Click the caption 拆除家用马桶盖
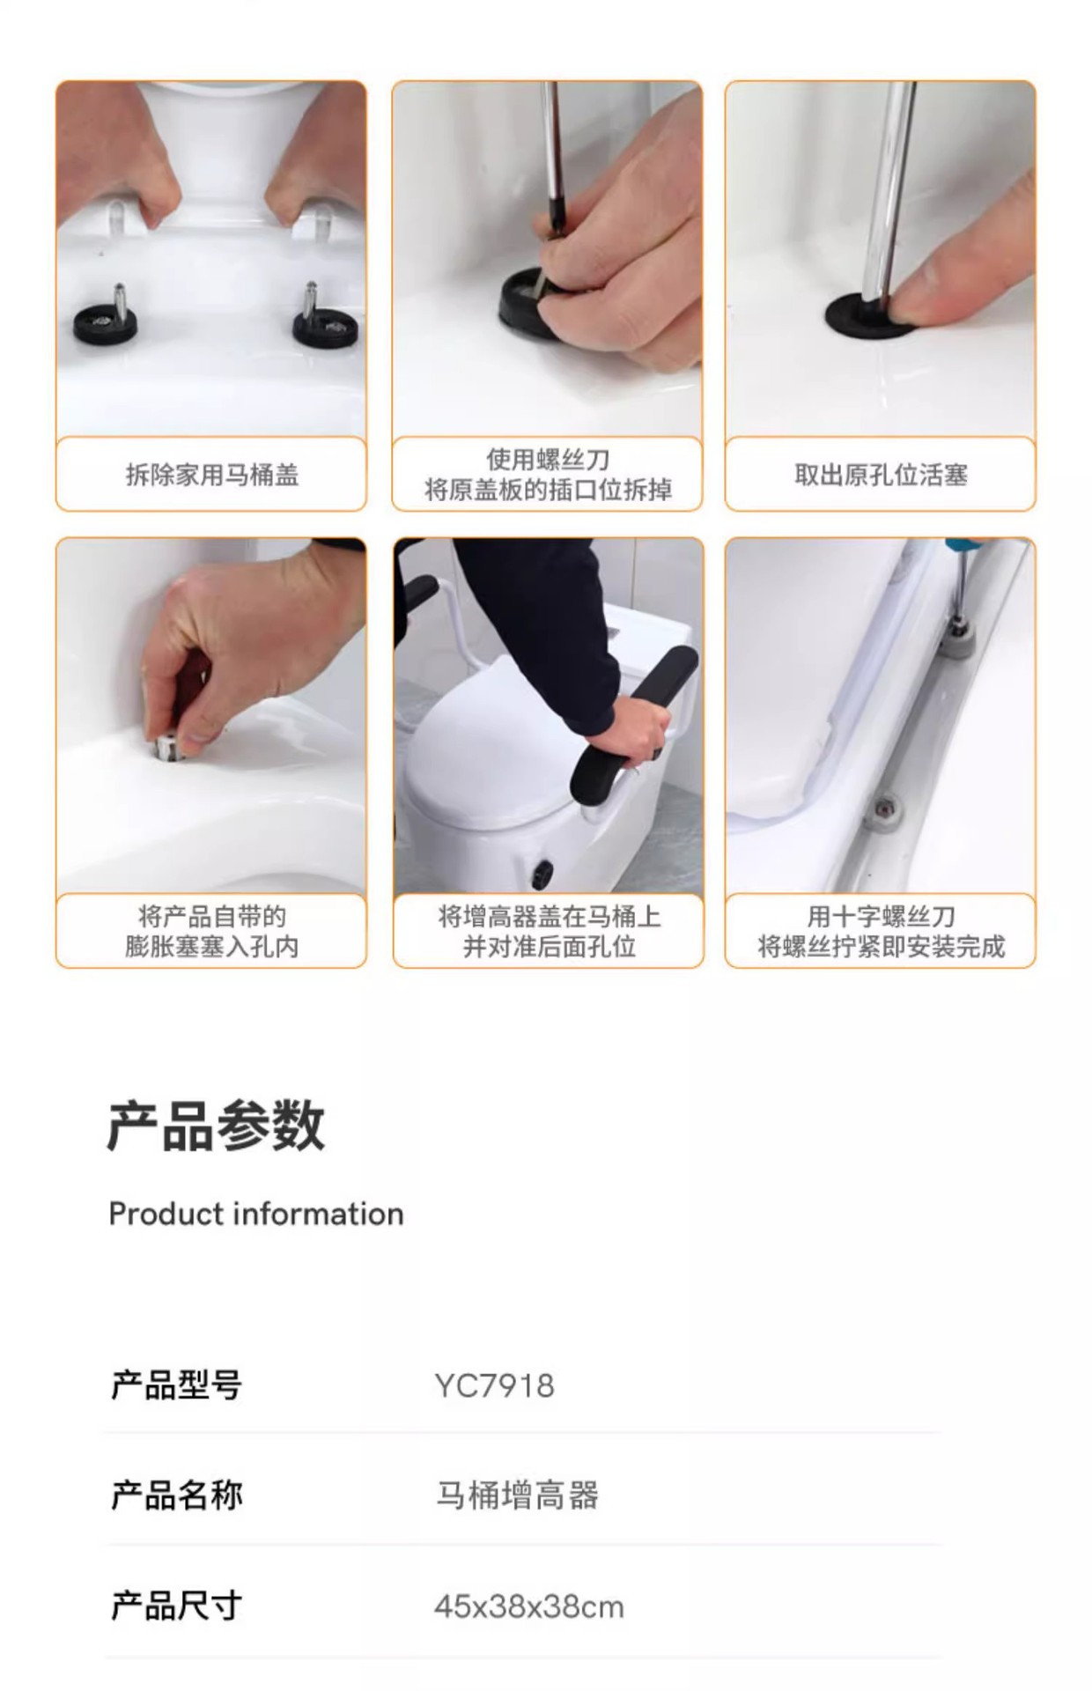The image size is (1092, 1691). tap(211, 476)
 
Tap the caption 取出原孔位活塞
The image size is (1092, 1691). tap(881, 476)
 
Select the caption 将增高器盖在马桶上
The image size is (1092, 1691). tap(549, 917)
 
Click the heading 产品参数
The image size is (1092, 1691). tap(216, 1126)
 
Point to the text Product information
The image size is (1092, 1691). tap(256, 1214)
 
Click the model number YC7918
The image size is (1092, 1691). tap(494, 1385)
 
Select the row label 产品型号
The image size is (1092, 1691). tap(176, 1385)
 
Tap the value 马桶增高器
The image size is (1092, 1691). tap(517, 1495)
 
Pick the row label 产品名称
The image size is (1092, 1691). tap(176, 1495)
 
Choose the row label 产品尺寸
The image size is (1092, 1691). tap(176, 1606)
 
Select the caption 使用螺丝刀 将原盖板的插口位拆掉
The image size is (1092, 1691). tap(548, 475)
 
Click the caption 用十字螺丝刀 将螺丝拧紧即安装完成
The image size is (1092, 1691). tap(881, 932)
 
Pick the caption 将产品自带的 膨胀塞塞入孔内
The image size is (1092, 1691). tap(211, 932)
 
